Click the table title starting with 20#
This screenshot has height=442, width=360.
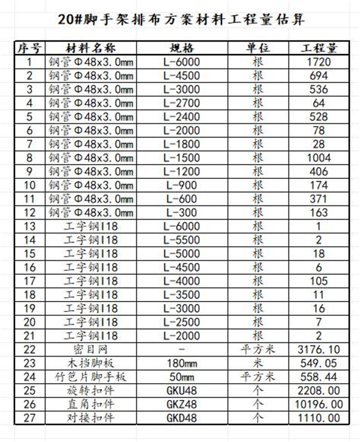pyautogui.click(x=180, y=19)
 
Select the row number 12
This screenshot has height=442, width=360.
pyautogui.click(x=28, y=213)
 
